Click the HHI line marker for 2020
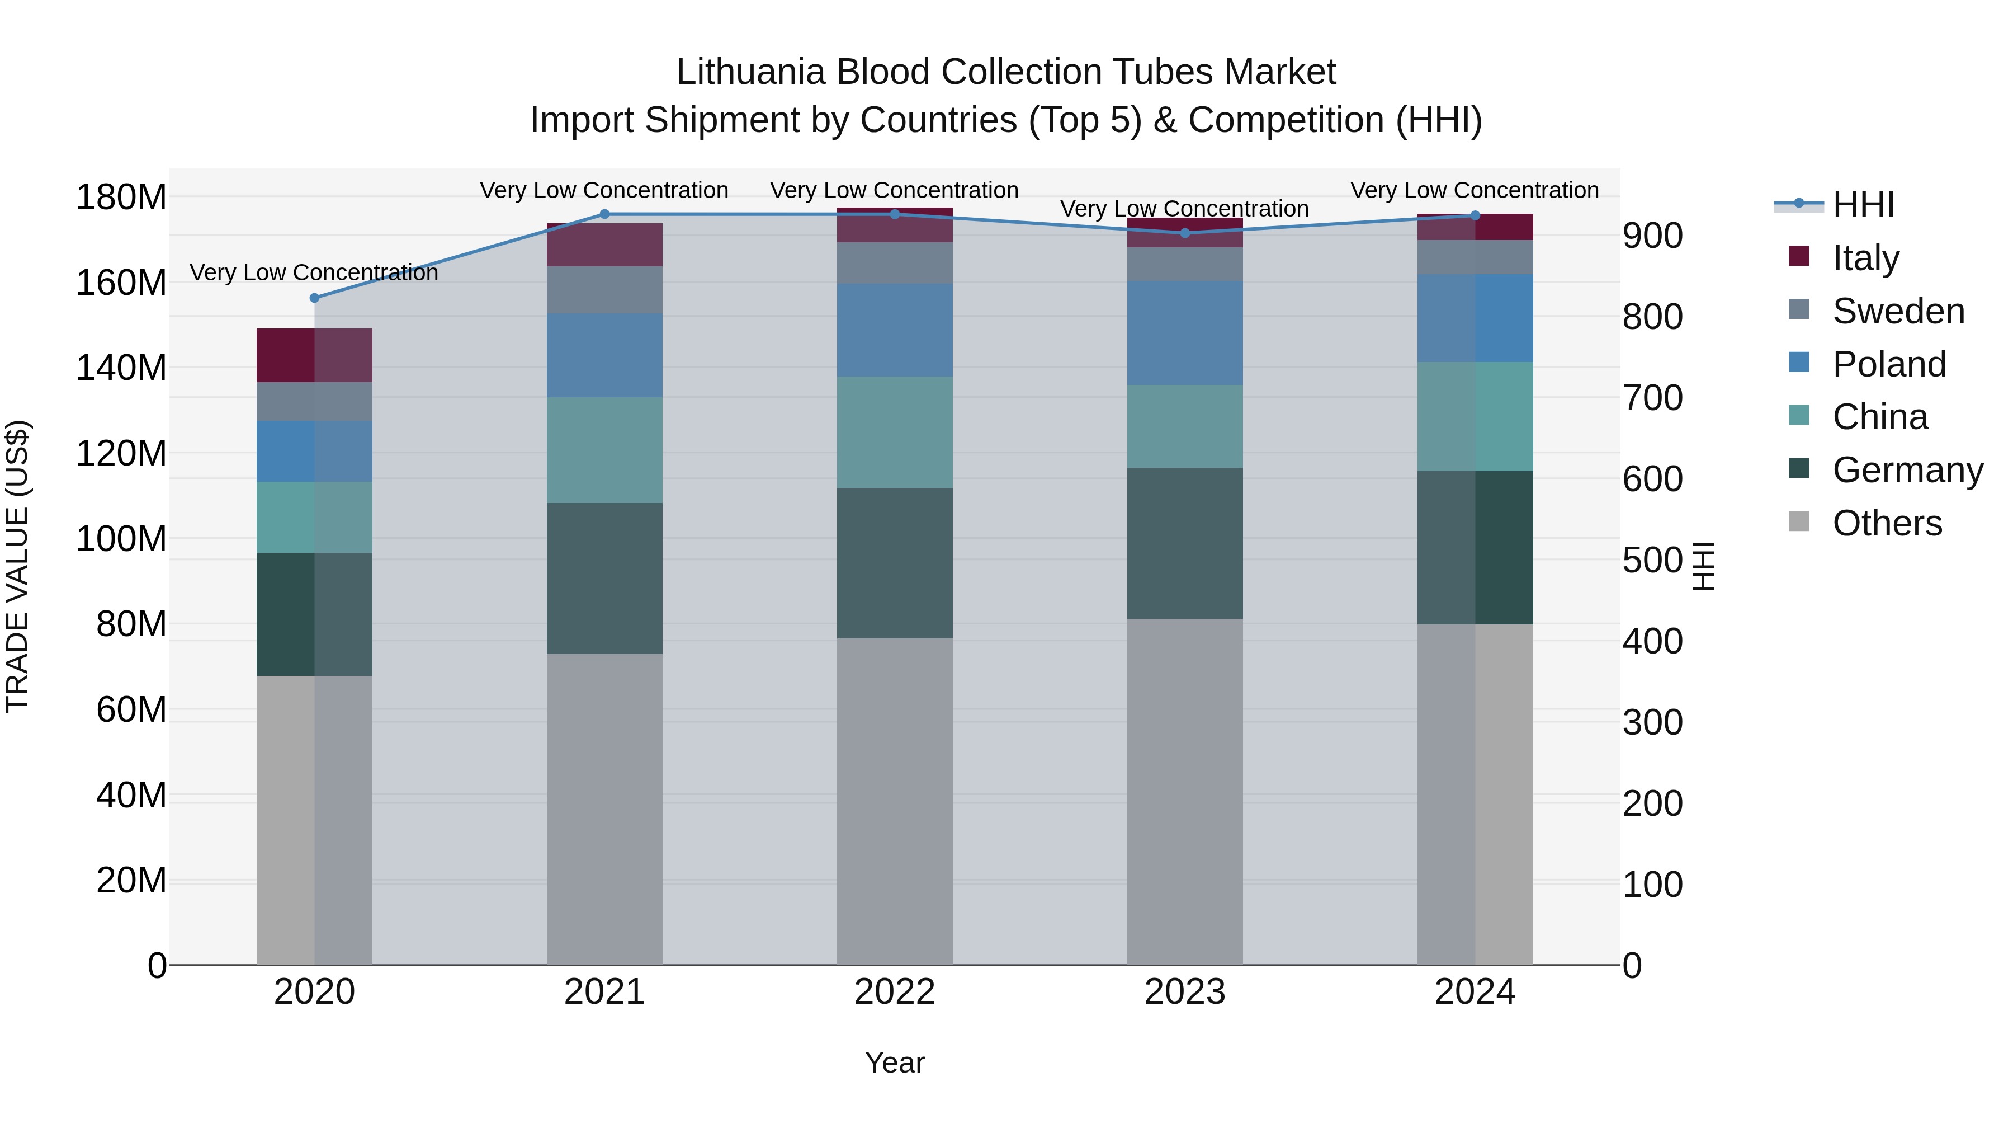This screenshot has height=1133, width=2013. [314, 298]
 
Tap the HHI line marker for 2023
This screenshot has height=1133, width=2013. [1185, 233]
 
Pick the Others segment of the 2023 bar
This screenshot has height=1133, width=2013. [1185, 791]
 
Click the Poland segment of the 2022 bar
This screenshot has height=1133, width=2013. [895, 330]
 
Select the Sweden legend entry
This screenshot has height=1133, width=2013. [1897, 311]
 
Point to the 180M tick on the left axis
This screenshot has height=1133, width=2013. [121, 197]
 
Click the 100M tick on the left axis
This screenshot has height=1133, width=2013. [121, 539]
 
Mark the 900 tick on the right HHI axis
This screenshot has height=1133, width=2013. [1652, 236]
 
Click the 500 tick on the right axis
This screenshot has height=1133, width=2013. [1652, 560]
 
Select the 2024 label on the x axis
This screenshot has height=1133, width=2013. [1475, 992]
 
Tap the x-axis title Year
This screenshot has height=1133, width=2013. [895, 1063]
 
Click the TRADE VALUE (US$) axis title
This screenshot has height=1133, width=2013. [17, 566]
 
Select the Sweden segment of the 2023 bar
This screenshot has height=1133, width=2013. [1185, 264]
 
